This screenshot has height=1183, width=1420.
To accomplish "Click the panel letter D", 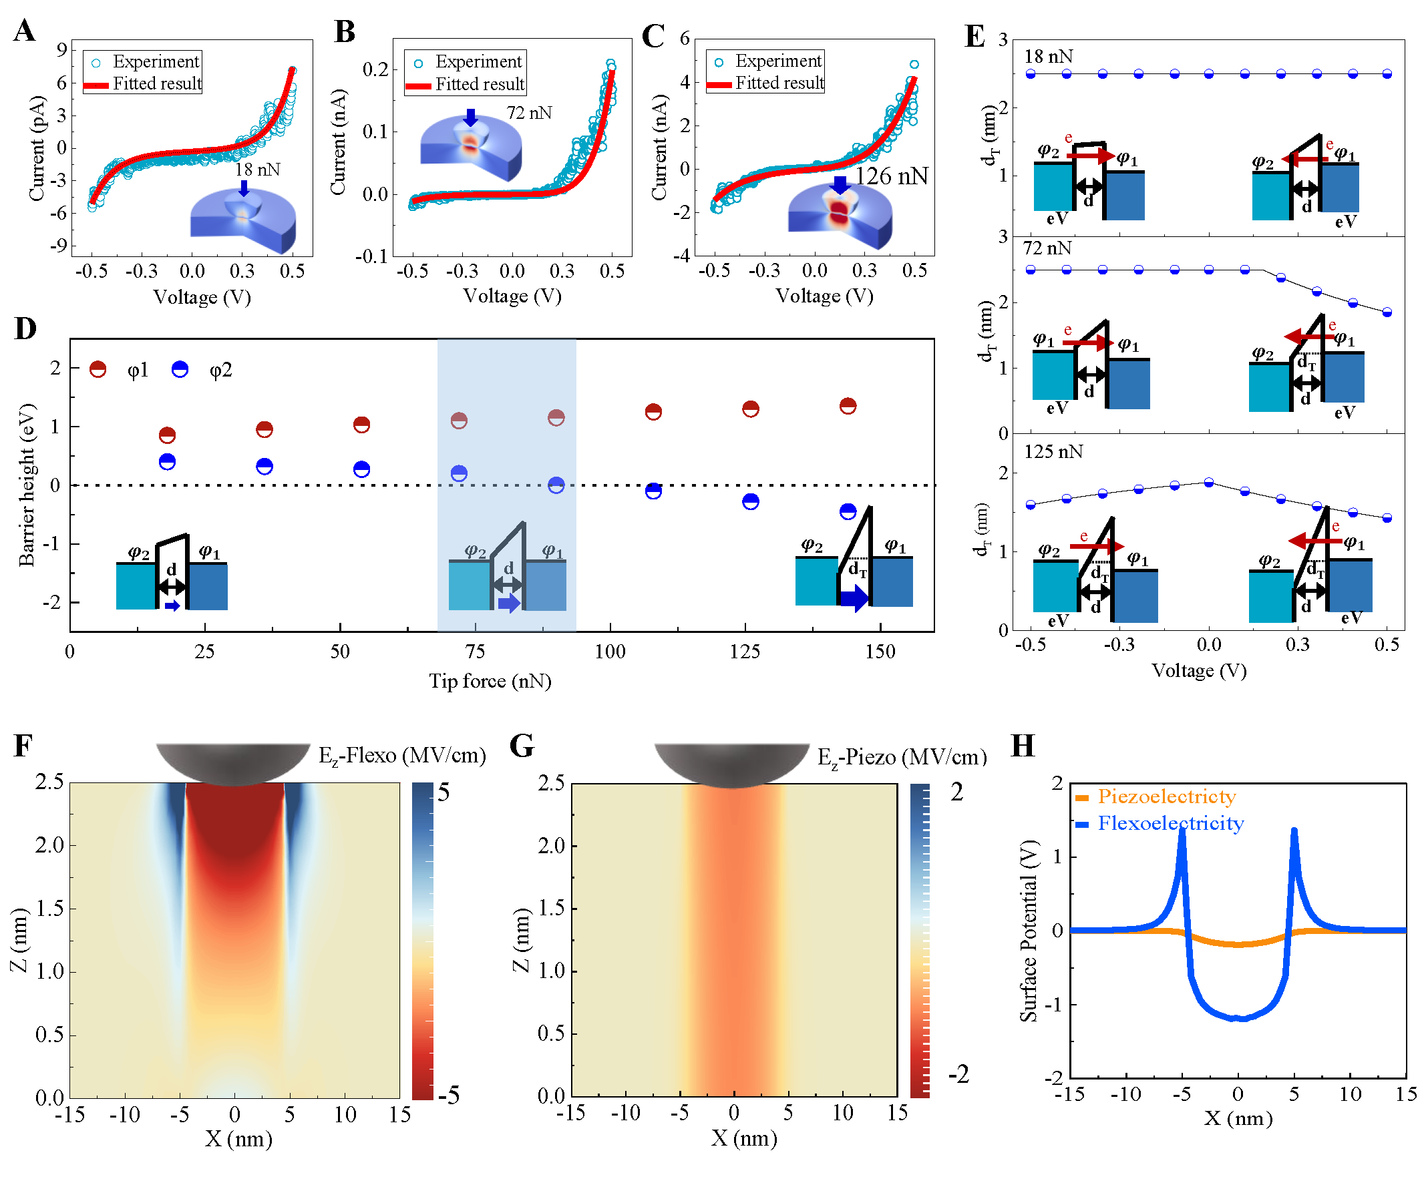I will click(x=25, y=328).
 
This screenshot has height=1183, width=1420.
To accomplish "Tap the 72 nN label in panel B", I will click(x=529, y=113).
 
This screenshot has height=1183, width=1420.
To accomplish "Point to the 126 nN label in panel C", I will click(x=891, y=176).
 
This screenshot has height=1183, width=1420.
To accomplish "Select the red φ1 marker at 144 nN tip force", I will click(x=848, y=406).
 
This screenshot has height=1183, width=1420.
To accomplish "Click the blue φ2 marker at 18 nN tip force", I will click(x=167, y=462).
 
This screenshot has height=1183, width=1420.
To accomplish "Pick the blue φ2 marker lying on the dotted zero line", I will click(x=556, y=485).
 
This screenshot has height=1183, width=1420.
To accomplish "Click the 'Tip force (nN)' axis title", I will click(x=490, y=681).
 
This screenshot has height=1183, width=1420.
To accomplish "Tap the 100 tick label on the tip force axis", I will click(x=609, y=652).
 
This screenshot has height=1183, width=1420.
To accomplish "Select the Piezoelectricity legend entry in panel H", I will click(x=1166, y=796).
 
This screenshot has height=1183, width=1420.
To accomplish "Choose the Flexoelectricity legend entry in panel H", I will click(x=1170, y=823).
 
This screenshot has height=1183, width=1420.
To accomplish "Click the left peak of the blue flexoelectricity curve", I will click(x=1182, y=829).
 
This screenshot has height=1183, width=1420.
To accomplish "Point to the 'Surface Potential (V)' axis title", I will click(x=1028, y=930).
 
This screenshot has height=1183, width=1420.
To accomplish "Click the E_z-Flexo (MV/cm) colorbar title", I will click(x=402, y=755).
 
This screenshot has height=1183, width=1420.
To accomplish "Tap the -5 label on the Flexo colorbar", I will click(x=448, y=1094).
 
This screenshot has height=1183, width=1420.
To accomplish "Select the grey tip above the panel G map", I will click(x=731, y=764).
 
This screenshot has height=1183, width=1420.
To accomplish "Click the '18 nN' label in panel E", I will click(x=1048, y=57).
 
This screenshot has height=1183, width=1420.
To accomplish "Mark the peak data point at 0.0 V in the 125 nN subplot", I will click(x=1209, y=482).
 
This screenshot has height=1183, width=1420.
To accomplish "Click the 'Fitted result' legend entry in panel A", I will click(x=156, y=84).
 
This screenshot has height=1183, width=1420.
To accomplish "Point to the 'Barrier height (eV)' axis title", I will click(x=26, y=485).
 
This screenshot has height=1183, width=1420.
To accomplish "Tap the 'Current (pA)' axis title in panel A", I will click(x=37, y=148).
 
